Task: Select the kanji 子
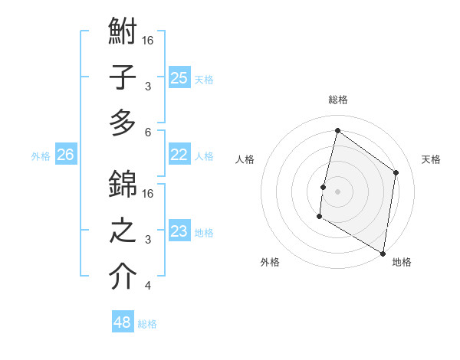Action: [x=123, y=78]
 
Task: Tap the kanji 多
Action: [x=123, y=123]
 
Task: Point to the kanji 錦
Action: [x=123, y=184]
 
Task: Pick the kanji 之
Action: [x=123, y=231]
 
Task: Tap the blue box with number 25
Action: [x=179, y=77]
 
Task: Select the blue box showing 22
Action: [x=179, y=154]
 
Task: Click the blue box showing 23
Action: [x=179, y=231]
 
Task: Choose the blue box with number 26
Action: [x=65, y=155]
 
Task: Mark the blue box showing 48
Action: [x=123, y=322]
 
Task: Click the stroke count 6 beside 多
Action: [x=148, y=132]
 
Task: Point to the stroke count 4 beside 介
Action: [x=148, y=286]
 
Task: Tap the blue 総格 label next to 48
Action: [x=147, y=324]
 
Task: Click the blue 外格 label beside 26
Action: [x=41, y=156]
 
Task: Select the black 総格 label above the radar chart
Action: [x=337, y=100]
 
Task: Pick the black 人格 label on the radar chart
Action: [x=245, y=159]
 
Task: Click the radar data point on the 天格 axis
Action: [x=396, y=172]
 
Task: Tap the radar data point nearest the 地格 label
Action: [x=383, y=253]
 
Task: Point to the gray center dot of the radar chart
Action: [x=337, y=191]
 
